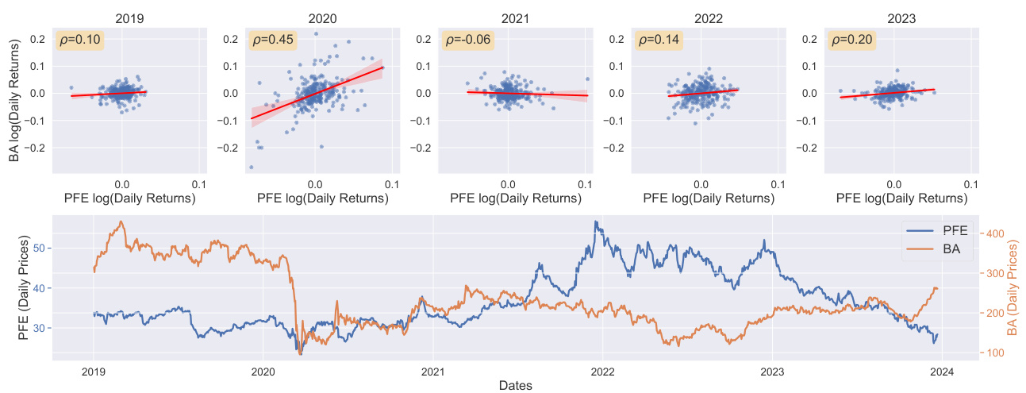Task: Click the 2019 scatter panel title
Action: coord(129,17)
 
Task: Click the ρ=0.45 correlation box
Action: coord(268,40)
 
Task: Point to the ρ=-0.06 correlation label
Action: coord(464,40)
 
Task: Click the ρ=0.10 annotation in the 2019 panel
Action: coord(75,40)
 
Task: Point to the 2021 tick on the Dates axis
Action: coord(432,371)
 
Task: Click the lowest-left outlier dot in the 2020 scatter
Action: coord(252,168)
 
